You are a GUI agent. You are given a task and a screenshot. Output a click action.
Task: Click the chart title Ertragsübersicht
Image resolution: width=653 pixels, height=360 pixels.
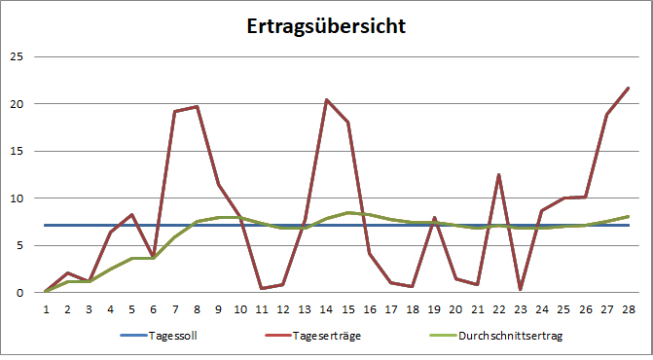(325, 26)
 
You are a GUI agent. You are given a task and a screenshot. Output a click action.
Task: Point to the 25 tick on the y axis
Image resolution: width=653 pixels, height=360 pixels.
(15, 56)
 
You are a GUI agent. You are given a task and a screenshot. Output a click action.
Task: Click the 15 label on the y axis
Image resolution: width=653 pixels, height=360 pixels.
(15, 151)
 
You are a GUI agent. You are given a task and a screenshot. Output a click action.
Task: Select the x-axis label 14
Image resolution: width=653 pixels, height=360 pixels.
(326, 307)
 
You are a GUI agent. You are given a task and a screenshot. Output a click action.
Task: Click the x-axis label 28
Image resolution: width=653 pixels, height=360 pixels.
(628, 307)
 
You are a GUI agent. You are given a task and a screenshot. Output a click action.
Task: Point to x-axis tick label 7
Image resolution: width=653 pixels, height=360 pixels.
(175, 307)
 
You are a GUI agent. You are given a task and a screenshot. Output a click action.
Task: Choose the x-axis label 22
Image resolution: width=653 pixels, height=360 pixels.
(498, 307)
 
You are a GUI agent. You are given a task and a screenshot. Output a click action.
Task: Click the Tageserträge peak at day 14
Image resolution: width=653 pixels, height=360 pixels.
(326, 100)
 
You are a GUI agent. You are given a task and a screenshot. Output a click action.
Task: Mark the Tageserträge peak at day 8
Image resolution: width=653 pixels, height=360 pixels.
(197, 107)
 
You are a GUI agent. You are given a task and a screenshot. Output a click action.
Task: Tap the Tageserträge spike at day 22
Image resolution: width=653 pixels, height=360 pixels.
(498, 175)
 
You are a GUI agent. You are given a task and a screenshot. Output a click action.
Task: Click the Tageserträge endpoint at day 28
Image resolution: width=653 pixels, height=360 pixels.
(628, 89)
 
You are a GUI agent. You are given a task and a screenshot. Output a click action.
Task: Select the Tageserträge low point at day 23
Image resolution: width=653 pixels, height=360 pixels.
(520, 289)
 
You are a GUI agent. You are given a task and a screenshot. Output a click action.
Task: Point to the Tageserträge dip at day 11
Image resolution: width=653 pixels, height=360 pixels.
(261, 288)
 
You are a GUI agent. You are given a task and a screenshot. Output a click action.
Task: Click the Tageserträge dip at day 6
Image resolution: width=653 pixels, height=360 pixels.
(154, 257)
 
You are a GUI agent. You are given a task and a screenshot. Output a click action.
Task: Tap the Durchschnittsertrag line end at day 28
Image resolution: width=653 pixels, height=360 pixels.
(628, 216)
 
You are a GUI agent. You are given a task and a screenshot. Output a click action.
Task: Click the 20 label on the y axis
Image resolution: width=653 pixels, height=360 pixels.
(15, 104)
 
